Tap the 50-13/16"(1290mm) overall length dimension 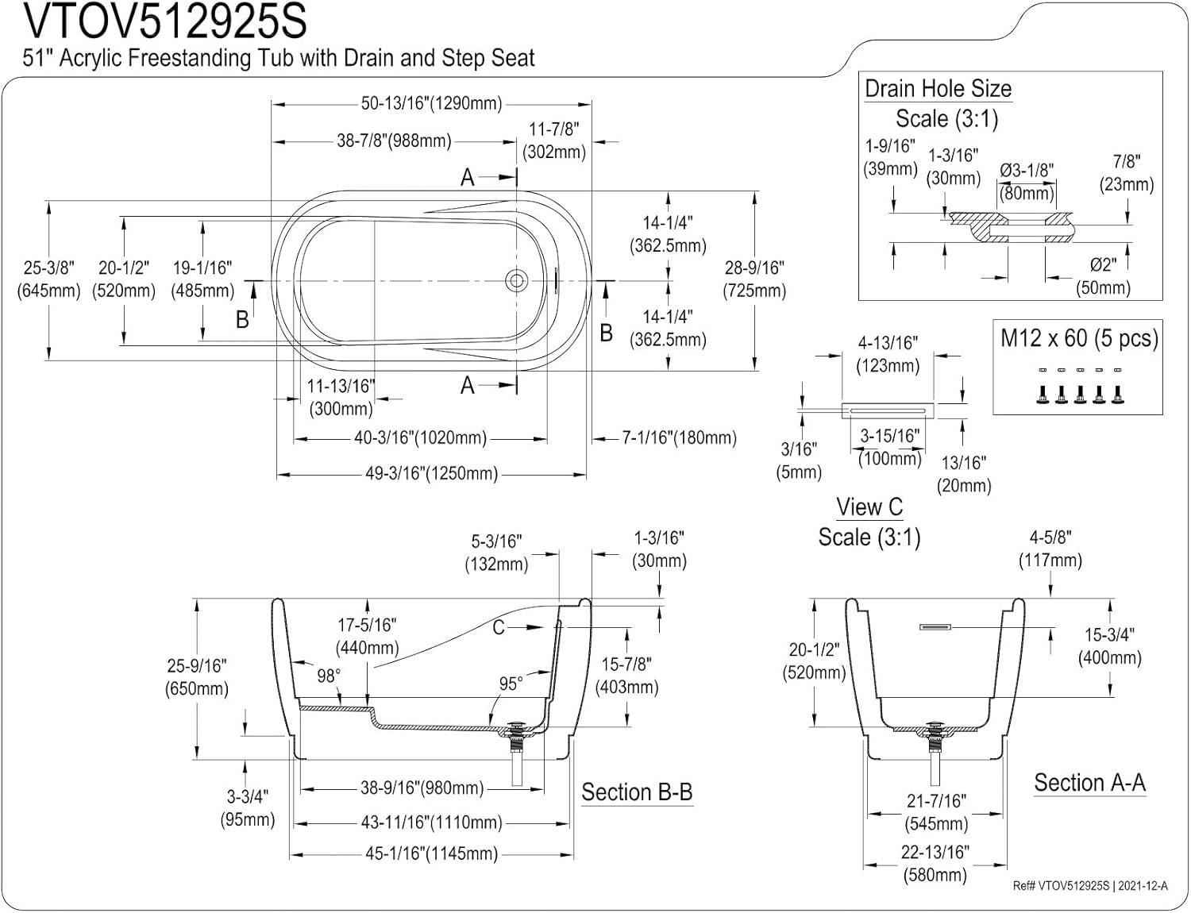431,103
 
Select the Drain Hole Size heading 938,89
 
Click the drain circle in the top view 516,280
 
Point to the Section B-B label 637,792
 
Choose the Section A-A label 1089,783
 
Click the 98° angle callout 329,676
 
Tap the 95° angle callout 511,684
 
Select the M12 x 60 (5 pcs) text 1079,338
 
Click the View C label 869,507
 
